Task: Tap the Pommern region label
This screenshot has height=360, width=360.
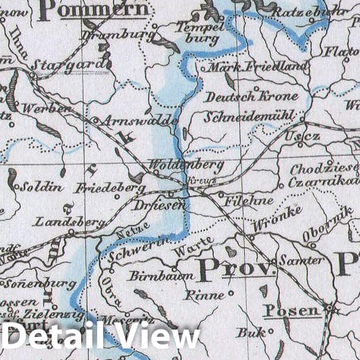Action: (95, 9)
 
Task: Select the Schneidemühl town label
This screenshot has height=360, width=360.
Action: (249, 117)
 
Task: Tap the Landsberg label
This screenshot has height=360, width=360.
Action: (62, 222)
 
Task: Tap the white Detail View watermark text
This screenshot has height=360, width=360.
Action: (102, 337)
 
